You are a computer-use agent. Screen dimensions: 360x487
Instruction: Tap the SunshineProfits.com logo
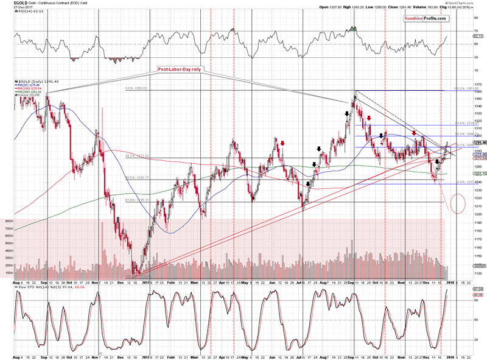click(427, 19)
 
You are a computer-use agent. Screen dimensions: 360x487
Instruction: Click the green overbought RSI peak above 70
click(353, 29)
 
